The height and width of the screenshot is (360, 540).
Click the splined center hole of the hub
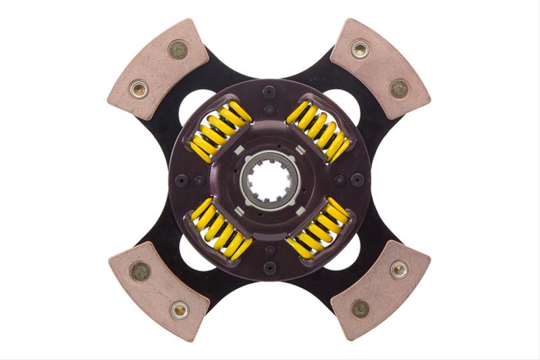269,180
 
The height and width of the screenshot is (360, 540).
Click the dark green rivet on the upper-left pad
178,49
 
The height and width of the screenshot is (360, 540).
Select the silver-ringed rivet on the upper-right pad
360,49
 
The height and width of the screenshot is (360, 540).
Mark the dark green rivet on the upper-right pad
399,88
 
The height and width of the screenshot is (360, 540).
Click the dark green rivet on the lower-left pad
140,272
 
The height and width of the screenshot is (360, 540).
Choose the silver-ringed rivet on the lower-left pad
179,310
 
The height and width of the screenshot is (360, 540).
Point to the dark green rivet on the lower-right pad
360,309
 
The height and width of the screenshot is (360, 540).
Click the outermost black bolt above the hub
269,92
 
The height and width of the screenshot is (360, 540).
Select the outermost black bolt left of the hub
181,180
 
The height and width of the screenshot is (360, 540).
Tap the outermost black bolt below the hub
269,269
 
